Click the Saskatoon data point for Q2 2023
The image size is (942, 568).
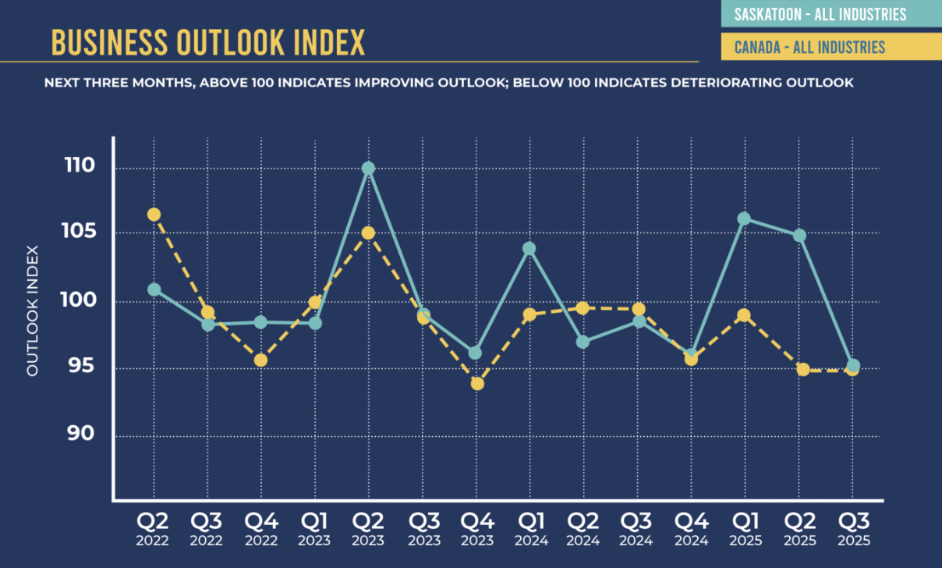[368, 169]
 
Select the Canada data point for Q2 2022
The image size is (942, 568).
[154, 215]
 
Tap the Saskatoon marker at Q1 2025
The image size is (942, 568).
[744, 219]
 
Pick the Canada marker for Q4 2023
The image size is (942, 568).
[477, 383]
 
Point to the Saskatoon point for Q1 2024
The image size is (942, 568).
[529, 249]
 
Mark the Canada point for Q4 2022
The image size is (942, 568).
[260, 360]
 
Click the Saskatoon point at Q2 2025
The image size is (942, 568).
[799, 236]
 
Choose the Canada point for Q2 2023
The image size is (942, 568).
[368, 233]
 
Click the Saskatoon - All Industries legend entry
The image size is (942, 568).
[820, 14]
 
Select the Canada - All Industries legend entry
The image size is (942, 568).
[809, 48]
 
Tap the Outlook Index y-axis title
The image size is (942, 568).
[33, 311]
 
